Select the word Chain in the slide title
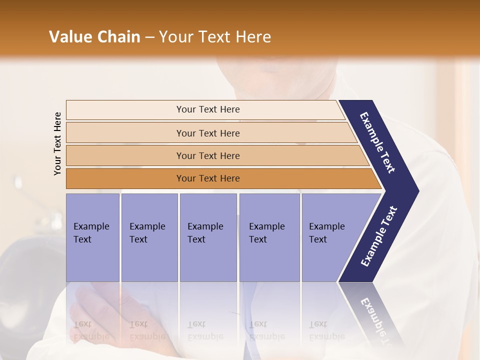pos(119,37)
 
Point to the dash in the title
pos(149,37)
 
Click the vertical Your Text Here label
pos(57,143)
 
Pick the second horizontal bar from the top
pos(208,133)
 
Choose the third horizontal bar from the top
pos(208,155)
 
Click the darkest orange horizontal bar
pos(208,178)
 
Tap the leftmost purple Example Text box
pos(92,237)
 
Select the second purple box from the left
pos(149,237)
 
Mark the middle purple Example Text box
pos(208,237)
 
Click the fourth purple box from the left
pos(269,237)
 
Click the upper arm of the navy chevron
pos(378,143)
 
